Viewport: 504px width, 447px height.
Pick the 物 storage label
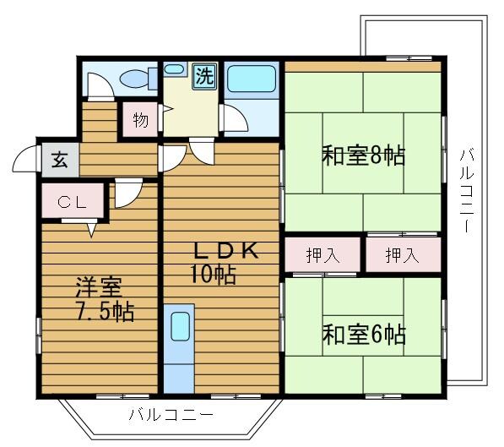[x=140, y=120]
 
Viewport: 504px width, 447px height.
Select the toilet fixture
[x=135, y=79]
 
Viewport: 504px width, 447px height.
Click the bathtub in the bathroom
[x=252, y=79]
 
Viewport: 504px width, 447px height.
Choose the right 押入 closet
[x=402, y=255]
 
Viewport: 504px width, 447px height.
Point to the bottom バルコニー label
[x=171, y=416]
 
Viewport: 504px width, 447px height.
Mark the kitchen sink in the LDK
[x=179, y=326]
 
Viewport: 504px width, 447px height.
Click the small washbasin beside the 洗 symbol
[x=175, y=68]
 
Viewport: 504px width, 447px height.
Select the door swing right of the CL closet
[x=127, y=194]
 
